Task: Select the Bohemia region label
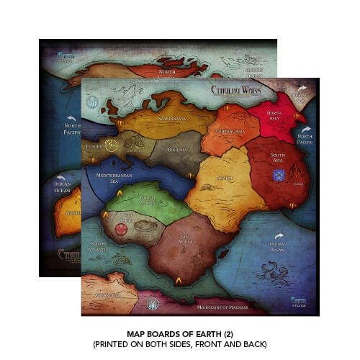pos(177,150)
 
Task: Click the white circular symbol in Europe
pos(112,145)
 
